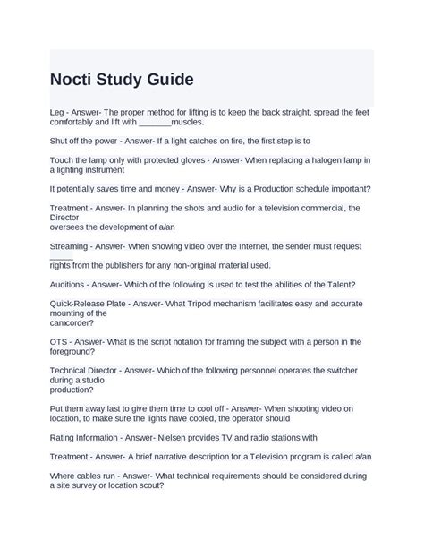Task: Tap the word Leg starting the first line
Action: click(x=57, y=112)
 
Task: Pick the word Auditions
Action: click(x=69, y=284)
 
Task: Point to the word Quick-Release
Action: click(x=78, y=304)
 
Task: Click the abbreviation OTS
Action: click(x=59, y=341)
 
